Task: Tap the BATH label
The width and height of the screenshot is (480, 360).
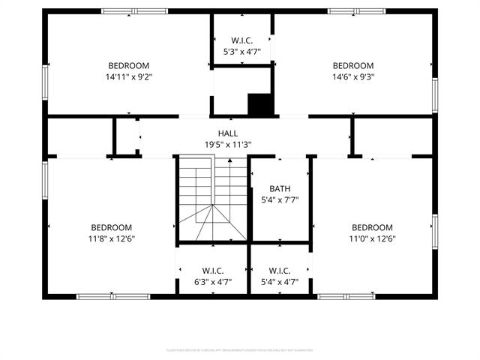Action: pyautogui.click(x=280, y=189)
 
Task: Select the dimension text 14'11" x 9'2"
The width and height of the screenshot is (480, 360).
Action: pyautogui.click(x=129, y=76)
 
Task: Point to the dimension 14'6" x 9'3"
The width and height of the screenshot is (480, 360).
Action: pyautogui.click(x=353, y=76)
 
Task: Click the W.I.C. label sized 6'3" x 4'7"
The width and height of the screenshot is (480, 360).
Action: pyautogui.click(x=212, y=271)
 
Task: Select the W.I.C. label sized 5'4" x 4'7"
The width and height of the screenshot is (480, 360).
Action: pyautogui.click(x=279, y=271)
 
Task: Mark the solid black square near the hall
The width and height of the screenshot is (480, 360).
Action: pyautogui.click(x=259, y=104)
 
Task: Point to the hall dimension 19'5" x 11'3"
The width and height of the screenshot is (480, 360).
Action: pyautogui.click(x=228, y=145)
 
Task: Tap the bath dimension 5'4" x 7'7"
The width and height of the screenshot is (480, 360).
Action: pyautogui.click(x=280, y=200)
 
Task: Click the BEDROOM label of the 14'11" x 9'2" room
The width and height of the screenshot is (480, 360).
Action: pyautogui.click(x=129, y=65)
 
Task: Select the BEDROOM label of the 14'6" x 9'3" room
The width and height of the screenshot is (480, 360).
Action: pyautogui.click(x=353, y=65)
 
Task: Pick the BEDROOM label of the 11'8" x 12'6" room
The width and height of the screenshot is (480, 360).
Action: pyautogui.click(x=112, y=227)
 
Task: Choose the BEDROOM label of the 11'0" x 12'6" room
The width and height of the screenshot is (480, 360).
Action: pyautogui.click(x=372, y=227)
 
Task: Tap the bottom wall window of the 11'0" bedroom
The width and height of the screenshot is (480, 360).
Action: pyautogui.click(x=346, y=296)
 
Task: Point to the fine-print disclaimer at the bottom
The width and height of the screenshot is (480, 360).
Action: pyautogui.click(x=240, y=350)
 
